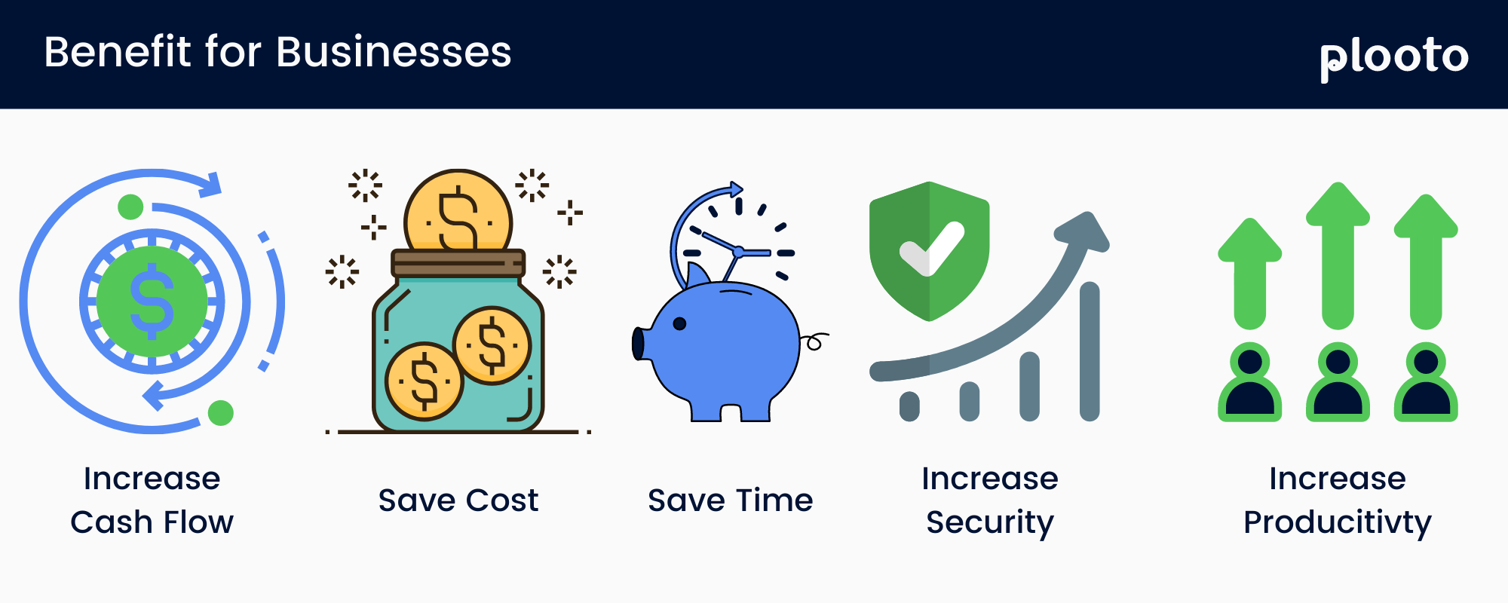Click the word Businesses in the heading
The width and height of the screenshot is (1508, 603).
click(394, 53)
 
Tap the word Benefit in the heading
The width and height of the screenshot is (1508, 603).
click(118, 53)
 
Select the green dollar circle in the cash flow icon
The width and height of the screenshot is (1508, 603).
click(152, 301)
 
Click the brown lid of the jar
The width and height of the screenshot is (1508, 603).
click(458, 264)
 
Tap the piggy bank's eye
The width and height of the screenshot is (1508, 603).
click(679, 324)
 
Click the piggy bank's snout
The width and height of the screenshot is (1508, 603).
click(639, 344)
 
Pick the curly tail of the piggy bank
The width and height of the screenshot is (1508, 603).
click(814, 341)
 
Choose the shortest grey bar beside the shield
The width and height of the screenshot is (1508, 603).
click(910, 406)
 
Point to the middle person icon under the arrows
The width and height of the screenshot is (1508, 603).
click(1338, 383)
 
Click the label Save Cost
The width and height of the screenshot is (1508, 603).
click(458, 500)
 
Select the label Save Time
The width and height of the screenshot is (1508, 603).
click(730, 500)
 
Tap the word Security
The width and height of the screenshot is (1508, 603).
click(990, 522)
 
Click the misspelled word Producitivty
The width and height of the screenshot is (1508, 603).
click(1337, 522)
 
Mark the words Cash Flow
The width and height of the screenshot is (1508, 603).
click(152, 522)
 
